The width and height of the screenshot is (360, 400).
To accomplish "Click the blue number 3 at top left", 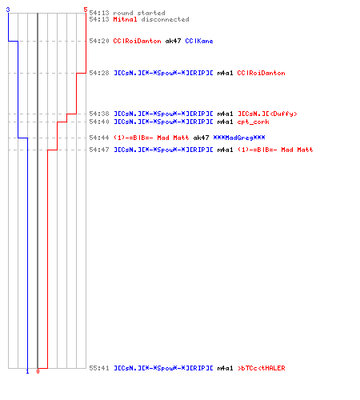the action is coord(8,10).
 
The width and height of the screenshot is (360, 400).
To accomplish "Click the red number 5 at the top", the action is coord(86,10).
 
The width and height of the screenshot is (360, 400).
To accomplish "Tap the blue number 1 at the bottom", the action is coord(27,371).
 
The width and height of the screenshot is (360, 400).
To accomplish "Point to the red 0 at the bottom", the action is coord(38,371).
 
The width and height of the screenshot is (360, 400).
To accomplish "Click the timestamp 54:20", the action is coord(99,41).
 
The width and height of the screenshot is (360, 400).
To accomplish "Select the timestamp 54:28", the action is coord(99,73).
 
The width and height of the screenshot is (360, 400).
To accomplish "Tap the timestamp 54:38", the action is coord(99,114).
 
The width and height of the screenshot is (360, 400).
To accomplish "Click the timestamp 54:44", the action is coord(99,138).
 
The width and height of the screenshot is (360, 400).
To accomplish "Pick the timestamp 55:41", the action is coord(99,368).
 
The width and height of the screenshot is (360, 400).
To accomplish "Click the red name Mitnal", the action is coord(125,19).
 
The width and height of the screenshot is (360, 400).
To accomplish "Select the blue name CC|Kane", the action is coord(199,41).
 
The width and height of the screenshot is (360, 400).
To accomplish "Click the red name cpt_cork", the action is coord(253,122).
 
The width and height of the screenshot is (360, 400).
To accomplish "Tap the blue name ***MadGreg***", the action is coord(239,138).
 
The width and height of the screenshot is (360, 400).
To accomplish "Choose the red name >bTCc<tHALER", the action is coord(262,368).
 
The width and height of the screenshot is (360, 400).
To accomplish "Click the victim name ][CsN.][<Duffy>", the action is coord(267,114).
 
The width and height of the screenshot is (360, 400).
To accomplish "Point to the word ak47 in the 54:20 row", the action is coord(173,41).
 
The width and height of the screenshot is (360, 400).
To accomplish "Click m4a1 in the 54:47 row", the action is coord(225,150).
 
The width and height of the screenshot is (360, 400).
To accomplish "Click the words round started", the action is coord(139,13).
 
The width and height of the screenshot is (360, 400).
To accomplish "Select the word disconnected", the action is coord(165,19).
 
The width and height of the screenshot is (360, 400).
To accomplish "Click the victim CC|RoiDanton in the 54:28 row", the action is coord(261,73).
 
